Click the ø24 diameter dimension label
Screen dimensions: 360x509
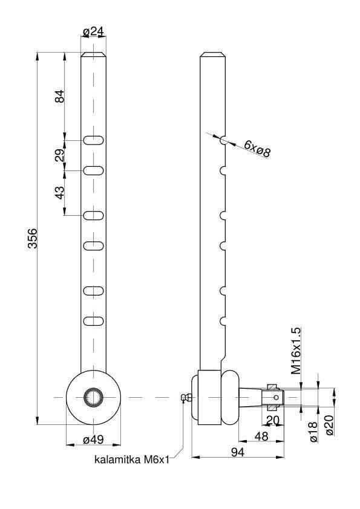(93, 31)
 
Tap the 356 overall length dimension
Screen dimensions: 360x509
(33, 238)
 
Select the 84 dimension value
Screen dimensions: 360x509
(60, 96)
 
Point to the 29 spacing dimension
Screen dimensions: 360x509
(60, 155)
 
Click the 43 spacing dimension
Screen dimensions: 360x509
(60, 192)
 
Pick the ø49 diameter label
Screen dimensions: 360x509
(93, 439)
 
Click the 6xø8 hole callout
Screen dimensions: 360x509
(257, 149)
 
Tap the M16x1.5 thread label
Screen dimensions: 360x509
(296, 351)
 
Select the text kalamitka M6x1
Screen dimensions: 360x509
(132, 459)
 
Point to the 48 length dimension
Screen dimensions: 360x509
(261, 436)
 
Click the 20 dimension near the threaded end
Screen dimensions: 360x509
(273, 420)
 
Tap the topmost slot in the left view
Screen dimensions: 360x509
(94, 140)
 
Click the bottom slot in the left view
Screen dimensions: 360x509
(94, 321)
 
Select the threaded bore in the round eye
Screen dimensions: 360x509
(94, 397)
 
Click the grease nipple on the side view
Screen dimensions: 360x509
(186, 397)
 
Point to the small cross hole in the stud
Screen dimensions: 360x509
(276, 397)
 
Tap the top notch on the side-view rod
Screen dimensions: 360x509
(223, 140)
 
